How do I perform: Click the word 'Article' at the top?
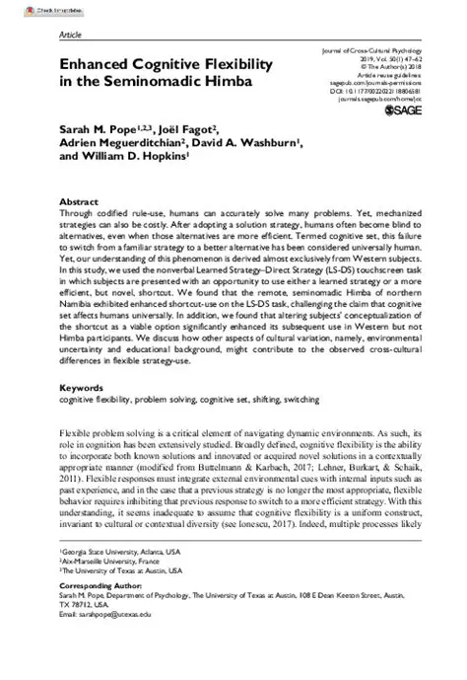tap(71, 33)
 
